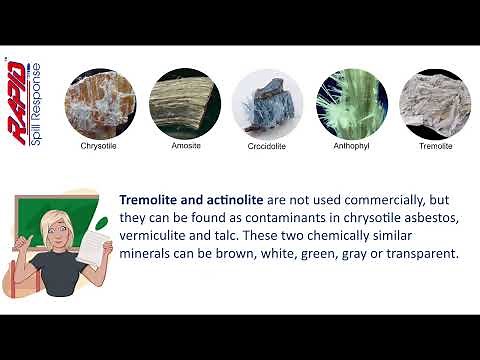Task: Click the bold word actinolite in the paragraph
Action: tap(233, 199)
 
